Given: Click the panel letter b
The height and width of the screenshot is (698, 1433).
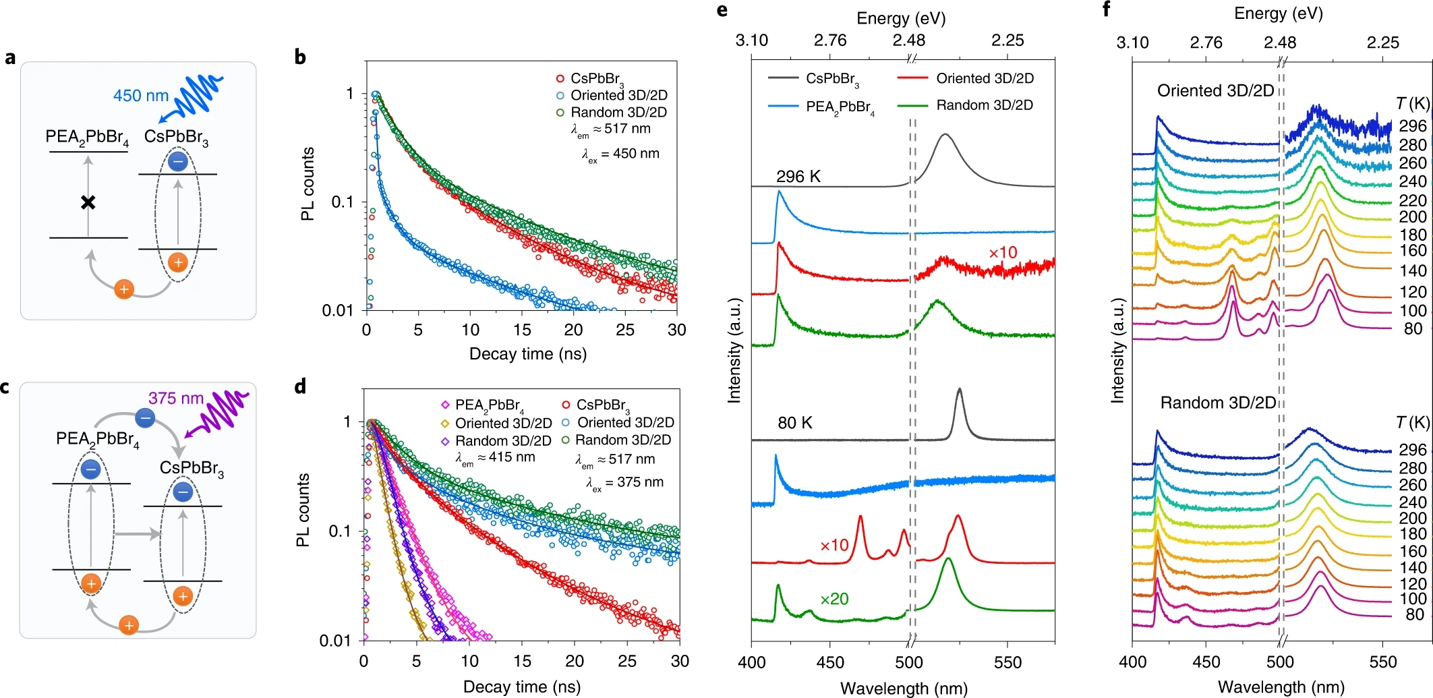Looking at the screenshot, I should [x=300, y=57].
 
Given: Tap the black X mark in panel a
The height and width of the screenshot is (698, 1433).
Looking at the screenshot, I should [x=88, y=202].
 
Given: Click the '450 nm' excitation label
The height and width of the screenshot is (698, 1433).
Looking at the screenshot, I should [x=140, y=96].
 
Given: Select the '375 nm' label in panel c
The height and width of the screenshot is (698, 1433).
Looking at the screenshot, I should [x=175, y=399].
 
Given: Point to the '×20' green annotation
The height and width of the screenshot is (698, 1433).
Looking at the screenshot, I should [x=834, y=599].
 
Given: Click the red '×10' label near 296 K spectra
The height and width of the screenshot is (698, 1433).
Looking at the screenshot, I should [x=1003, y=253].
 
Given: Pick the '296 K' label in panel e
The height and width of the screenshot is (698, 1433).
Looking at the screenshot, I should [x=798, y=177].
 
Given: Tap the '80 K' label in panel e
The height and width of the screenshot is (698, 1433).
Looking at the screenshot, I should [x=795, y=423].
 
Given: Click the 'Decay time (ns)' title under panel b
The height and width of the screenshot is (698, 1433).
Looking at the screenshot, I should [x=527, y=354].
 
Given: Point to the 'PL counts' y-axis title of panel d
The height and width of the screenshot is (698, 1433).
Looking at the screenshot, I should [x=303, y=510].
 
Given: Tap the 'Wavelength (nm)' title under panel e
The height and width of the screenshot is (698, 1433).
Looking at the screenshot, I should [x=904, y=689].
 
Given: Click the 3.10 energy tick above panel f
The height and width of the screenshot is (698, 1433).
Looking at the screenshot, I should [x=1132, y=42].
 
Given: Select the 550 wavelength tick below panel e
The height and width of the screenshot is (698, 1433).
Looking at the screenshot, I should [x=1007, y=662].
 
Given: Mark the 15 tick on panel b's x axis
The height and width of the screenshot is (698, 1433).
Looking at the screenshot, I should [x=522, y=330].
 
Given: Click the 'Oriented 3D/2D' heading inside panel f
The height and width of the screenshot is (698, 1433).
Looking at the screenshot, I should [x=1215, y=91].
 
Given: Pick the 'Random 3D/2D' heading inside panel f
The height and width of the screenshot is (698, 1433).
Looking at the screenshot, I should [x=1218, y=403].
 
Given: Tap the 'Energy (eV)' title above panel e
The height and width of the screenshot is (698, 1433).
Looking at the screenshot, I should [x=901, y=18].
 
